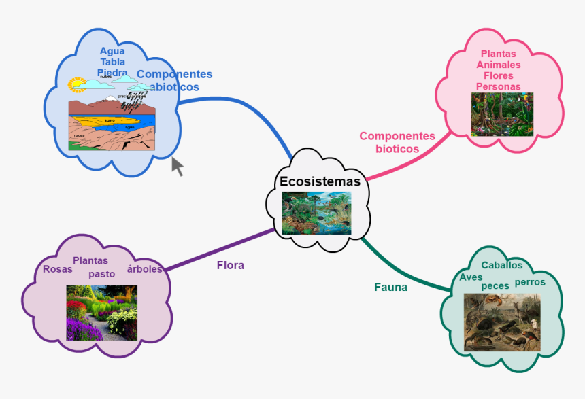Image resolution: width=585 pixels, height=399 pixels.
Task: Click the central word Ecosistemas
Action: coord(320,181)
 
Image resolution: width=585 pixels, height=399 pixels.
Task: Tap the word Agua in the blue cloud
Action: coord(112,51)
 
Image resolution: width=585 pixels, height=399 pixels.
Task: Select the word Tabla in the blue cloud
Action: coord(112,62)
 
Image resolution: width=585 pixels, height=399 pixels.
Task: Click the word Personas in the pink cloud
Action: coord(498,86)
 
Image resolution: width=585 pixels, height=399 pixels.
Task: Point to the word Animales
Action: coord(498,65)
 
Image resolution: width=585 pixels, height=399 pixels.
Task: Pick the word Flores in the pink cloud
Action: coord(498,75)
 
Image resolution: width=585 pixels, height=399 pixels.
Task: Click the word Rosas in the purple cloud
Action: coord(57,269)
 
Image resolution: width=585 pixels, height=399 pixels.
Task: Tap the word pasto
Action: coord(102,274)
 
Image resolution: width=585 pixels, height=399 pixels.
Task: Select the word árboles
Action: coord(145,268)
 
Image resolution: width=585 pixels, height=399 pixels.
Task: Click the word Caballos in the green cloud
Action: coord(502,265)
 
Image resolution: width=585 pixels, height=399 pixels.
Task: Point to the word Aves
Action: coord(471,277)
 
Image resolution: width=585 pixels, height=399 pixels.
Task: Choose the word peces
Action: coord(495,286)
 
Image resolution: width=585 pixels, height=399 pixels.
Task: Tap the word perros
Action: coord(531,281)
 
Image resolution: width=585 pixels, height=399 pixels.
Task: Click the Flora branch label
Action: coord(231,265)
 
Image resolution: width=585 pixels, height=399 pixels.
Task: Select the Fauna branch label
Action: coord(391,287)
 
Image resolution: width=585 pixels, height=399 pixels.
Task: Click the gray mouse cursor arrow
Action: coord(177,166)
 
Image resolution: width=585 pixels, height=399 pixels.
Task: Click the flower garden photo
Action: coord(102,313)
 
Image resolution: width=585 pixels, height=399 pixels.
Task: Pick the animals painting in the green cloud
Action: coord(502,322)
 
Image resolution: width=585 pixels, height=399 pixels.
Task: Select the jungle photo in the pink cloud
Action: coord(502,114)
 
